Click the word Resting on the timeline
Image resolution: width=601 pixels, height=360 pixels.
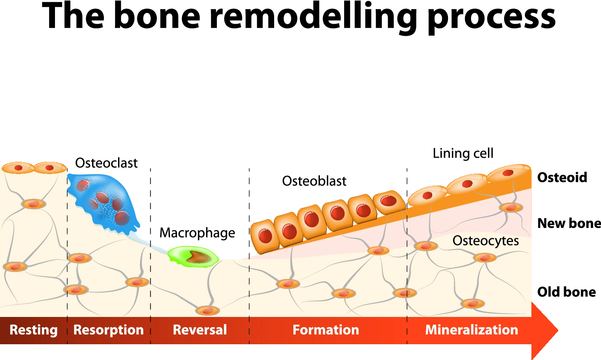33,330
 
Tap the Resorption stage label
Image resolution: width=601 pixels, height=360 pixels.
108,330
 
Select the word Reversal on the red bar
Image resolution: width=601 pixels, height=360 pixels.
200,330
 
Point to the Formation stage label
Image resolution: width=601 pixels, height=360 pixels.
326,330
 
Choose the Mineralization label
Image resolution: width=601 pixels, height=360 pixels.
471,330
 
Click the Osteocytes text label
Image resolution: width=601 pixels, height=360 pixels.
486,241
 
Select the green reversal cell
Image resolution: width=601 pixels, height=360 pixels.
193,257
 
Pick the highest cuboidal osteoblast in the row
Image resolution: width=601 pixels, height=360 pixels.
389,201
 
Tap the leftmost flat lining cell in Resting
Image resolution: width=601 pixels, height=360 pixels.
18,168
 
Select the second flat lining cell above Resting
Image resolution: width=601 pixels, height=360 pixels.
50,168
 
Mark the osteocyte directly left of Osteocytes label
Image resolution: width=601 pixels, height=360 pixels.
426,246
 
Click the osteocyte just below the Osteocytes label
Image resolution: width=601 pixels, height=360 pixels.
484,257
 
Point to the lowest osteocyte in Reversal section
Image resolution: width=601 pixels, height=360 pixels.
208,310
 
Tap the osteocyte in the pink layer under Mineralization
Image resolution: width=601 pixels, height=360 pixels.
511,207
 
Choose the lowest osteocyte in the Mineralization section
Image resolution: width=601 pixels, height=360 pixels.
473,304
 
